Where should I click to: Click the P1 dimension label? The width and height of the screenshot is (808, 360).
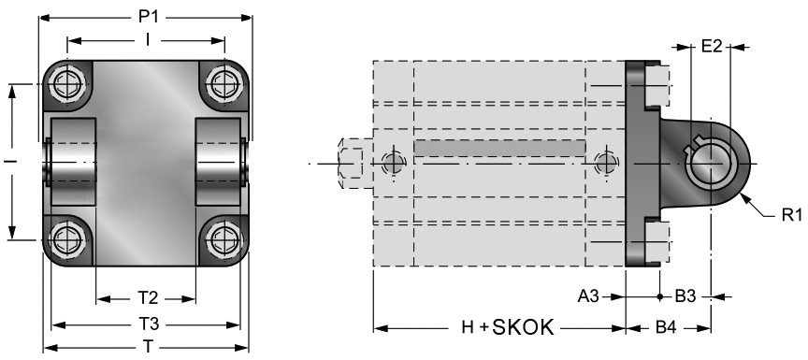(148, 17)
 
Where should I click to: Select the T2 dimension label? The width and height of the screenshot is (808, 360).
(148, 297)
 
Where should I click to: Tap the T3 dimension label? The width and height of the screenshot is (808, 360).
(148, 324)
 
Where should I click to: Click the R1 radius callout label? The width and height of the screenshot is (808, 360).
(791, 215)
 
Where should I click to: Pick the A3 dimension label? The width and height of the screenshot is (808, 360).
(589, 296)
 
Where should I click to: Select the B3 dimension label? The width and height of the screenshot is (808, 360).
(685, 296)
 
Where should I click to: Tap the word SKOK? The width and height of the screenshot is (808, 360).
(523, 327)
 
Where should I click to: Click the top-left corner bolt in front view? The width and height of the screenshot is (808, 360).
(68, 83)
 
